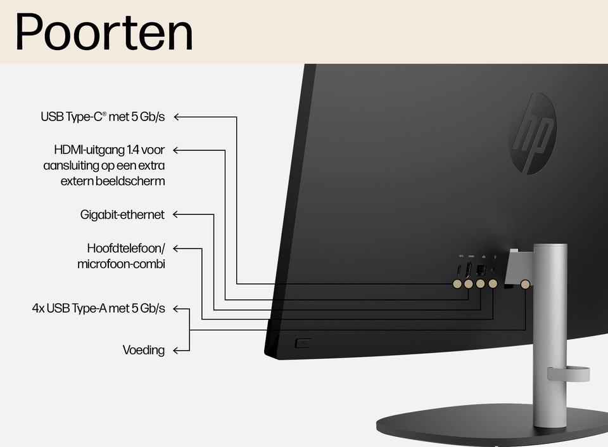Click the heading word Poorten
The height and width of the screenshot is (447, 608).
(x=104, y=32)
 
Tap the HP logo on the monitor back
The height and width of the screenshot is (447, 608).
(x=533, y=133)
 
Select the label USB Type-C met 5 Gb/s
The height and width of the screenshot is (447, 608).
(x=103, y=117)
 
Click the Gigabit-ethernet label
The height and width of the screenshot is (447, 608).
(x=122, y=214)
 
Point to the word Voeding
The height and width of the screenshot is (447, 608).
(x=144, y=350)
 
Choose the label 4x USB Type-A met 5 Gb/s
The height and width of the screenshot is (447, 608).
(x=98, y=309)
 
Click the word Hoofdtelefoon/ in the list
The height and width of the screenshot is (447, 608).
(x=125, y=247)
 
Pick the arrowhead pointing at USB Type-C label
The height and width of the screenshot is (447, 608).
(x=177, y=117)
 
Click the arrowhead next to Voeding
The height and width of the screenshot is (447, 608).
(x=177, y=350)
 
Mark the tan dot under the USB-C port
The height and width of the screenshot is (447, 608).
(x=457, y=284)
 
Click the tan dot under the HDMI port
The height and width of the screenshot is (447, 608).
(x=469, y=284)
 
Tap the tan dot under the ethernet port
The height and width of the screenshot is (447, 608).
(x=481, y=284)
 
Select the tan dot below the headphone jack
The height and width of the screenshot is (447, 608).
(x=493, y=284)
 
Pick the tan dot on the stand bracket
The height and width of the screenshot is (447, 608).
(x=525, y=284)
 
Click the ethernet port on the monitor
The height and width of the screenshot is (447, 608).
(x=480, y=268)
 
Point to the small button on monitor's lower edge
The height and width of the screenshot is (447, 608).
(x=302, y=344)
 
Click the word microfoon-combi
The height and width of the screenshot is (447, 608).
(x=121, y=264)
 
